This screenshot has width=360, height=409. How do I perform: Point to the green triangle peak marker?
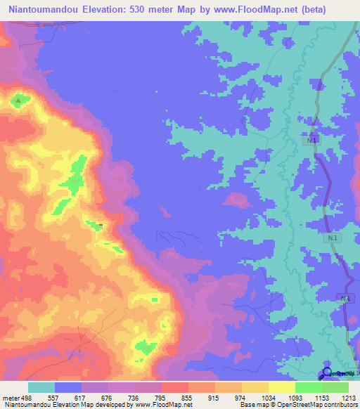click(18, 101)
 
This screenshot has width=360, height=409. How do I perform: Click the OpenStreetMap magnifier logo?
click(327, 374)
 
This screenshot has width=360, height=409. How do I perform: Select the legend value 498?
click(27, 397)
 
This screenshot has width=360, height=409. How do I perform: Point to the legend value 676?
click(108, 397)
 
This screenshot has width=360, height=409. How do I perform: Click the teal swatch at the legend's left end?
click(41, 387)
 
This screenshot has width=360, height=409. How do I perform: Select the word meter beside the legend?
click(10, 397)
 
